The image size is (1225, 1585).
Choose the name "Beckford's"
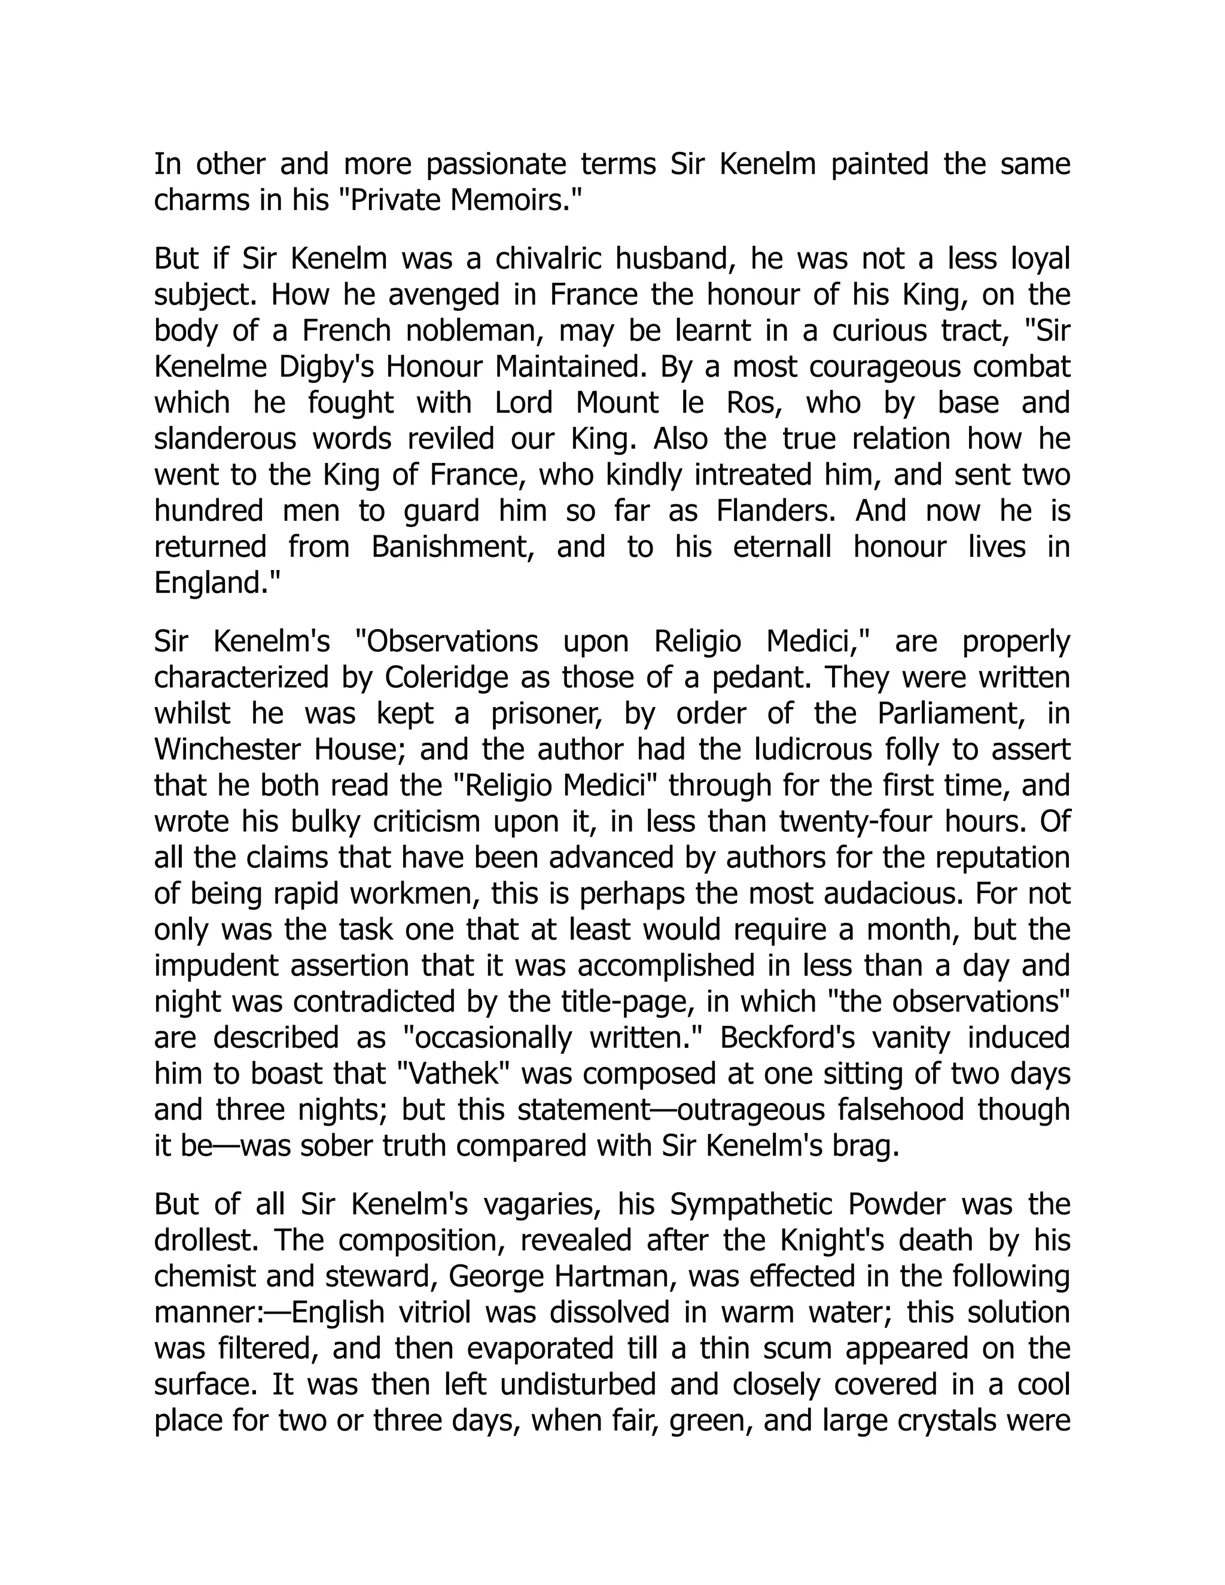pyautogui.click(x=787, y=1038)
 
